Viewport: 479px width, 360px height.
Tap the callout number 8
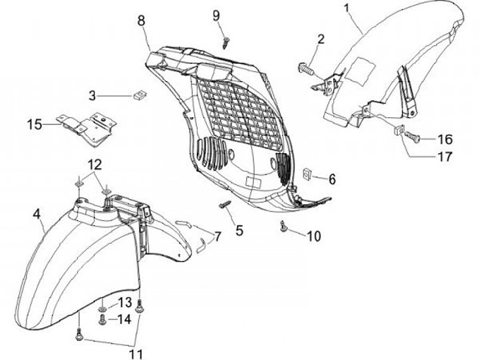141,20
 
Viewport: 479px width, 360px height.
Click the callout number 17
444,157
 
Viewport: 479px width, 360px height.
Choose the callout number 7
217,236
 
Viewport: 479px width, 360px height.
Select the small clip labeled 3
140,93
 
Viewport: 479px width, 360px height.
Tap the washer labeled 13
102,310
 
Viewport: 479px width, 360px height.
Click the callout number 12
93,164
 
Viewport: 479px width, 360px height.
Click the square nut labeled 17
400,130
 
